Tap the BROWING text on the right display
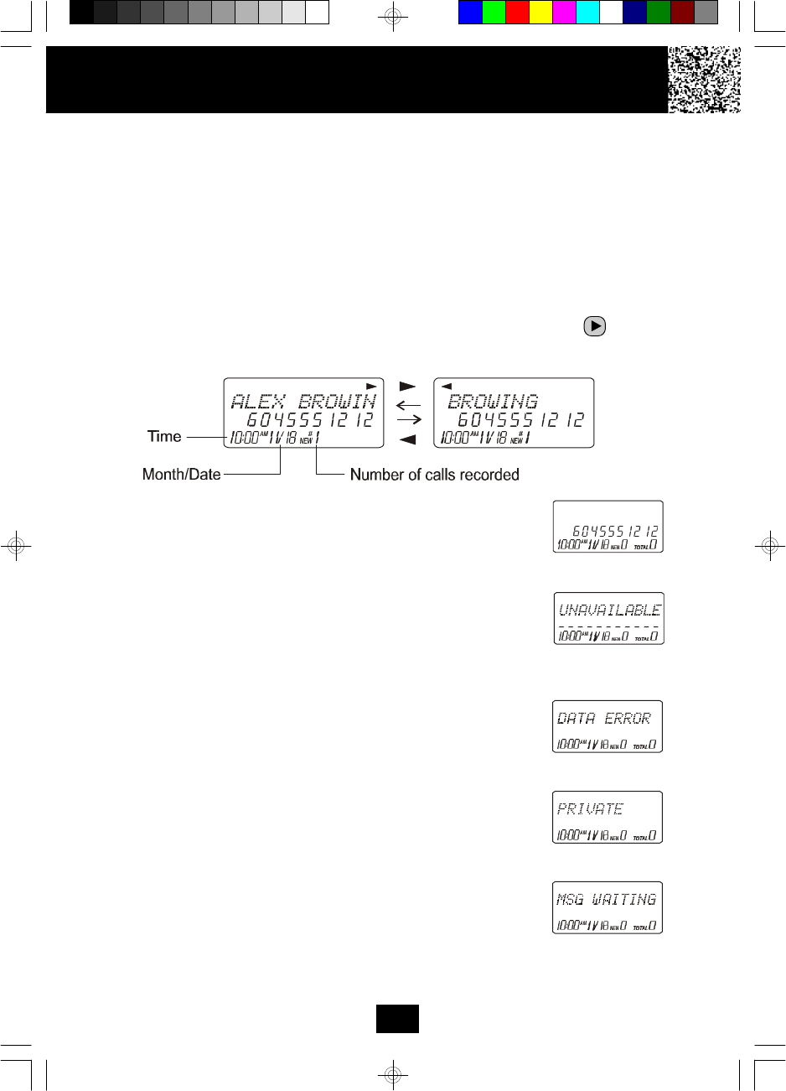point(493,401)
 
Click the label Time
point(164,436)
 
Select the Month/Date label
point(181,474)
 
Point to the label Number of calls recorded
point(434,475)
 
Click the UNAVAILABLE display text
point(609,610)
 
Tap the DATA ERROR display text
point(603,719)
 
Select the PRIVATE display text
point(590,809)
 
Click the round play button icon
point(594,326)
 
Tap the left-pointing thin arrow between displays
point(408,404)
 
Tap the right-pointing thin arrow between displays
point(408,420)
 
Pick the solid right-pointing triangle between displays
point(407,387)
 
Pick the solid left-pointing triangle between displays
point(407,439)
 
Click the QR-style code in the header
point(704,80)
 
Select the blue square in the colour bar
point(470,13)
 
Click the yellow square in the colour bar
point(540,13)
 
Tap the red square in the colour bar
point(517,13)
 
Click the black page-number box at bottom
point(397,1018)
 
